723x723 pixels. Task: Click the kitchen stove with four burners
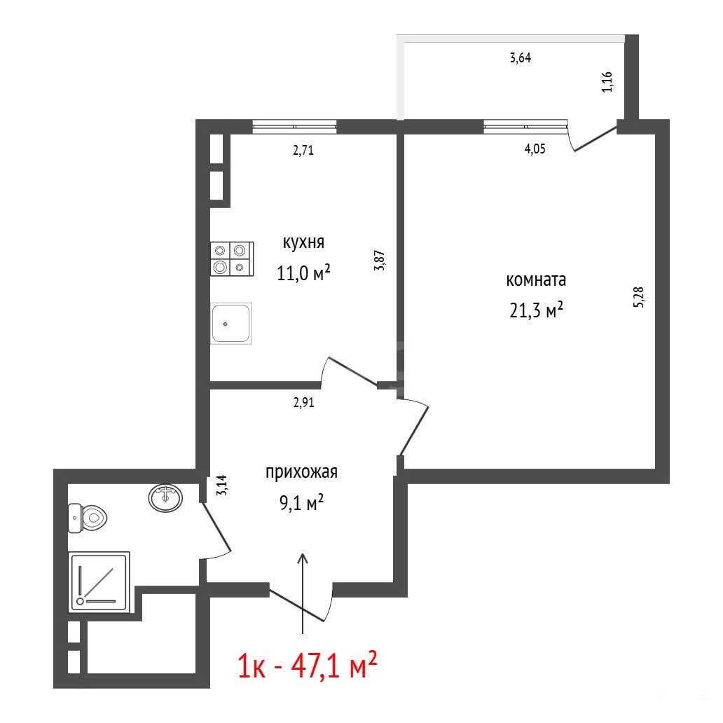[x=232, y=259]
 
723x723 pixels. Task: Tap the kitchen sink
[x=231, y=323]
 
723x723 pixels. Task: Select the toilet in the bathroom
[x=88, y=518]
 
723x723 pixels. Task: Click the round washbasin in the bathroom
[x=165, y=498]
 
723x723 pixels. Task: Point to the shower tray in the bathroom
[x=99, y=582]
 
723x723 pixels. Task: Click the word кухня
[x=303, y=242]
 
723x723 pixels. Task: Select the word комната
[x=536, y=280]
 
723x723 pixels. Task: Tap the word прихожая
[x=301, y=472]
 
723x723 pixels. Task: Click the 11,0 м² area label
[x=303, y=273]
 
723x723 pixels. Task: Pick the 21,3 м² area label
[x=536, y=310]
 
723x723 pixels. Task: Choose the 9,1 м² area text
[x=301, y=502]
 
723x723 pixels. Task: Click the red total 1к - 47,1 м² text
[x=308, y=664]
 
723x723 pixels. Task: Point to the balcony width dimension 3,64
[x=520, y=58]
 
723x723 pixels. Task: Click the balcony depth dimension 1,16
[x=607, y=81]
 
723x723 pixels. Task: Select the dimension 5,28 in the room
[x=639, y=297]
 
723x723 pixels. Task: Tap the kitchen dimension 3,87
[x=380, y=260]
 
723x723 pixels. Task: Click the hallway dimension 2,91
[x=304, y=403]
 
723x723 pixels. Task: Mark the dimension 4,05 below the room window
[x=535, y=149]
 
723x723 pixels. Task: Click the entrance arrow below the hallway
[x=303, y=593]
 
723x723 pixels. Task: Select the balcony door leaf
[x=595, y=139]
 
